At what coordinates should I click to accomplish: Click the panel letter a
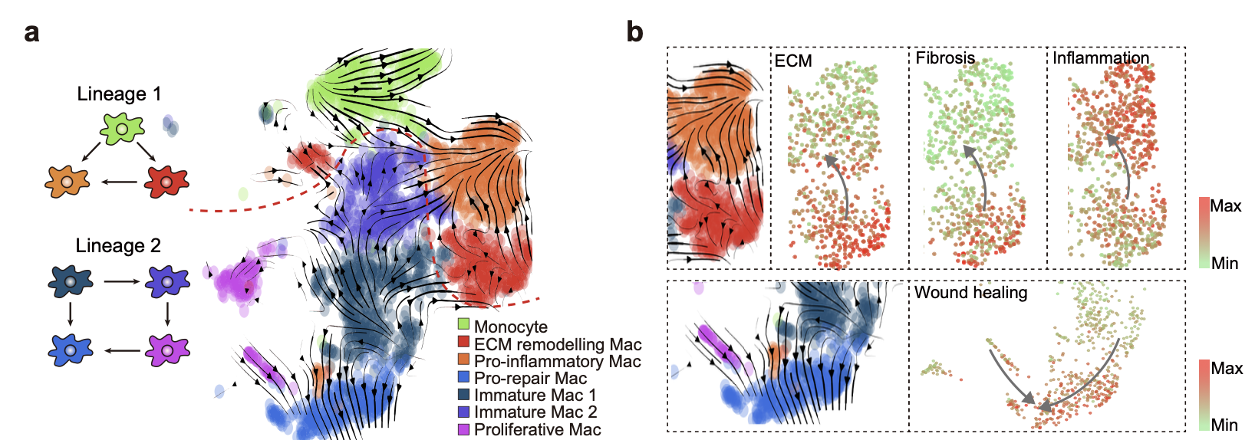tap(31, 33)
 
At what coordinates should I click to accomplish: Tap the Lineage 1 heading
tap(119, 94)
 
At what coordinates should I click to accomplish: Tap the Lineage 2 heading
tap(118, 245)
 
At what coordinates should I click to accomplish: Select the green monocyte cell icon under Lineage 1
tap(122, 129)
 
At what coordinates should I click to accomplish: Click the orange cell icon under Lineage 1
tap(67, 182)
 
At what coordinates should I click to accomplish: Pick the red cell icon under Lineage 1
tap(166, 182)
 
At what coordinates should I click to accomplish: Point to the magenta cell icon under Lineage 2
tap(167, 350)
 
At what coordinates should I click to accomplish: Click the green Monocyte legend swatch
tap(463, 324)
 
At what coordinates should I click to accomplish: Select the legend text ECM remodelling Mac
tap(558, 345)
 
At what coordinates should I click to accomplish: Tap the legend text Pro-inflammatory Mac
tap(557, 361)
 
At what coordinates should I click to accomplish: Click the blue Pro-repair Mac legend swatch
tap(463, 376)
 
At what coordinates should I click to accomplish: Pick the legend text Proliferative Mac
tap(537, 429)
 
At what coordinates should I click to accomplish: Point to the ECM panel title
tap(793, 61)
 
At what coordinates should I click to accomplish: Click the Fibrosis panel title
tap(945, 57)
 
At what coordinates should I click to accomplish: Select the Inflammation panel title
tap(1101, 57)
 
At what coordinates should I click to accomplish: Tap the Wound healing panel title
tap(970, 292)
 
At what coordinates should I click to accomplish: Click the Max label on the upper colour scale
tap(1225, 205)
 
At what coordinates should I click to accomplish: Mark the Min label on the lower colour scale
tap(1224, 425)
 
